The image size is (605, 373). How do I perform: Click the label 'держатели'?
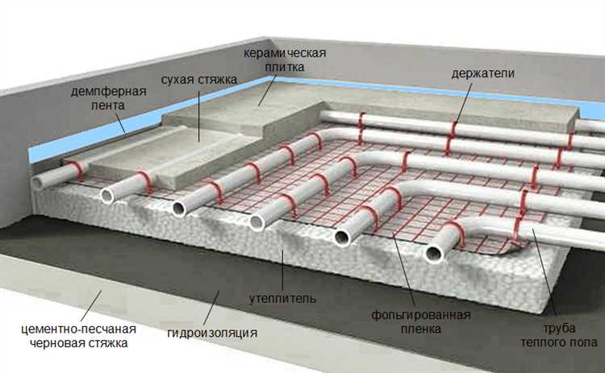click(x=482, y=73)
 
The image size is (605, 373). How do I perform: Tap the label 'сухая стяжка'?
click(x=199, y=80)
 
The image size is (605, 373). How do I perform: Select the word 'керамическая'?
click(x=285, y=52)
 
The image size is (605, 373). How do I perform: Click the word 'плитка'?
click(x=285, y=67)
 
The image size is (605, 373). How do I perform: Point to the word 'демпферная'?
click(x=108, y=91)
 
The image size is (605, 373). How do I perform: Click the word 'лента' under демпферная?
click(x=108, y=105)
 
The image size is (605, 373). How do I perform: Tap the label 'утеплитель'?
click(x=282, y=299)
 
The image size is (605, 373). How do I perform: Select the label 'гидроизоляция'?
click(x=212, y=333)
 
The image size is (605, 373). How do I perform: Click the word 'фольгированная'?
click(x=421, y=315)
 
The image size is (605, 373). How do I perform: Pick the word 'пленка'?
click(x=421, y=329)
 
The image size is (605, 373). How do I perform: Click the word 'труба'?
click(x=559, y=329)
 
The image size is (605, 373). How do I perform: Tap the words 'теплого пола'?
click(x=559, y=342)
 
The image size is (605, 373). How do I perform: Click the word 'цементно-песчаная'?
click(x=79, y=329)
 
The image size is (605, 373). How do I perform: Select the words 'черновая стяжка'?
click(x=79, y=343)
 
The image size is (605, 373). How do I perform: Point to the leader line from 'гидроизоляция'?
click(x=211, y=308)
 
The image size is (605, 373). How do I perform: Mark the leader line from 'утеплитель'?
click(x=282, y=270)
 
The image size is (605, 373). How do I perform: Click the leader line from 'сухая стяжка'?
click(x=199, y=116)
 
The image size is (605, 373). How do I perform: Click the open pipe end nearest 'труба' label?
click(x=435, y=254)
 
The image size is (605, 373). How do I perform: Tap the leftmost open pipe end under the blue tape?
click(x=39, y=182)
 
